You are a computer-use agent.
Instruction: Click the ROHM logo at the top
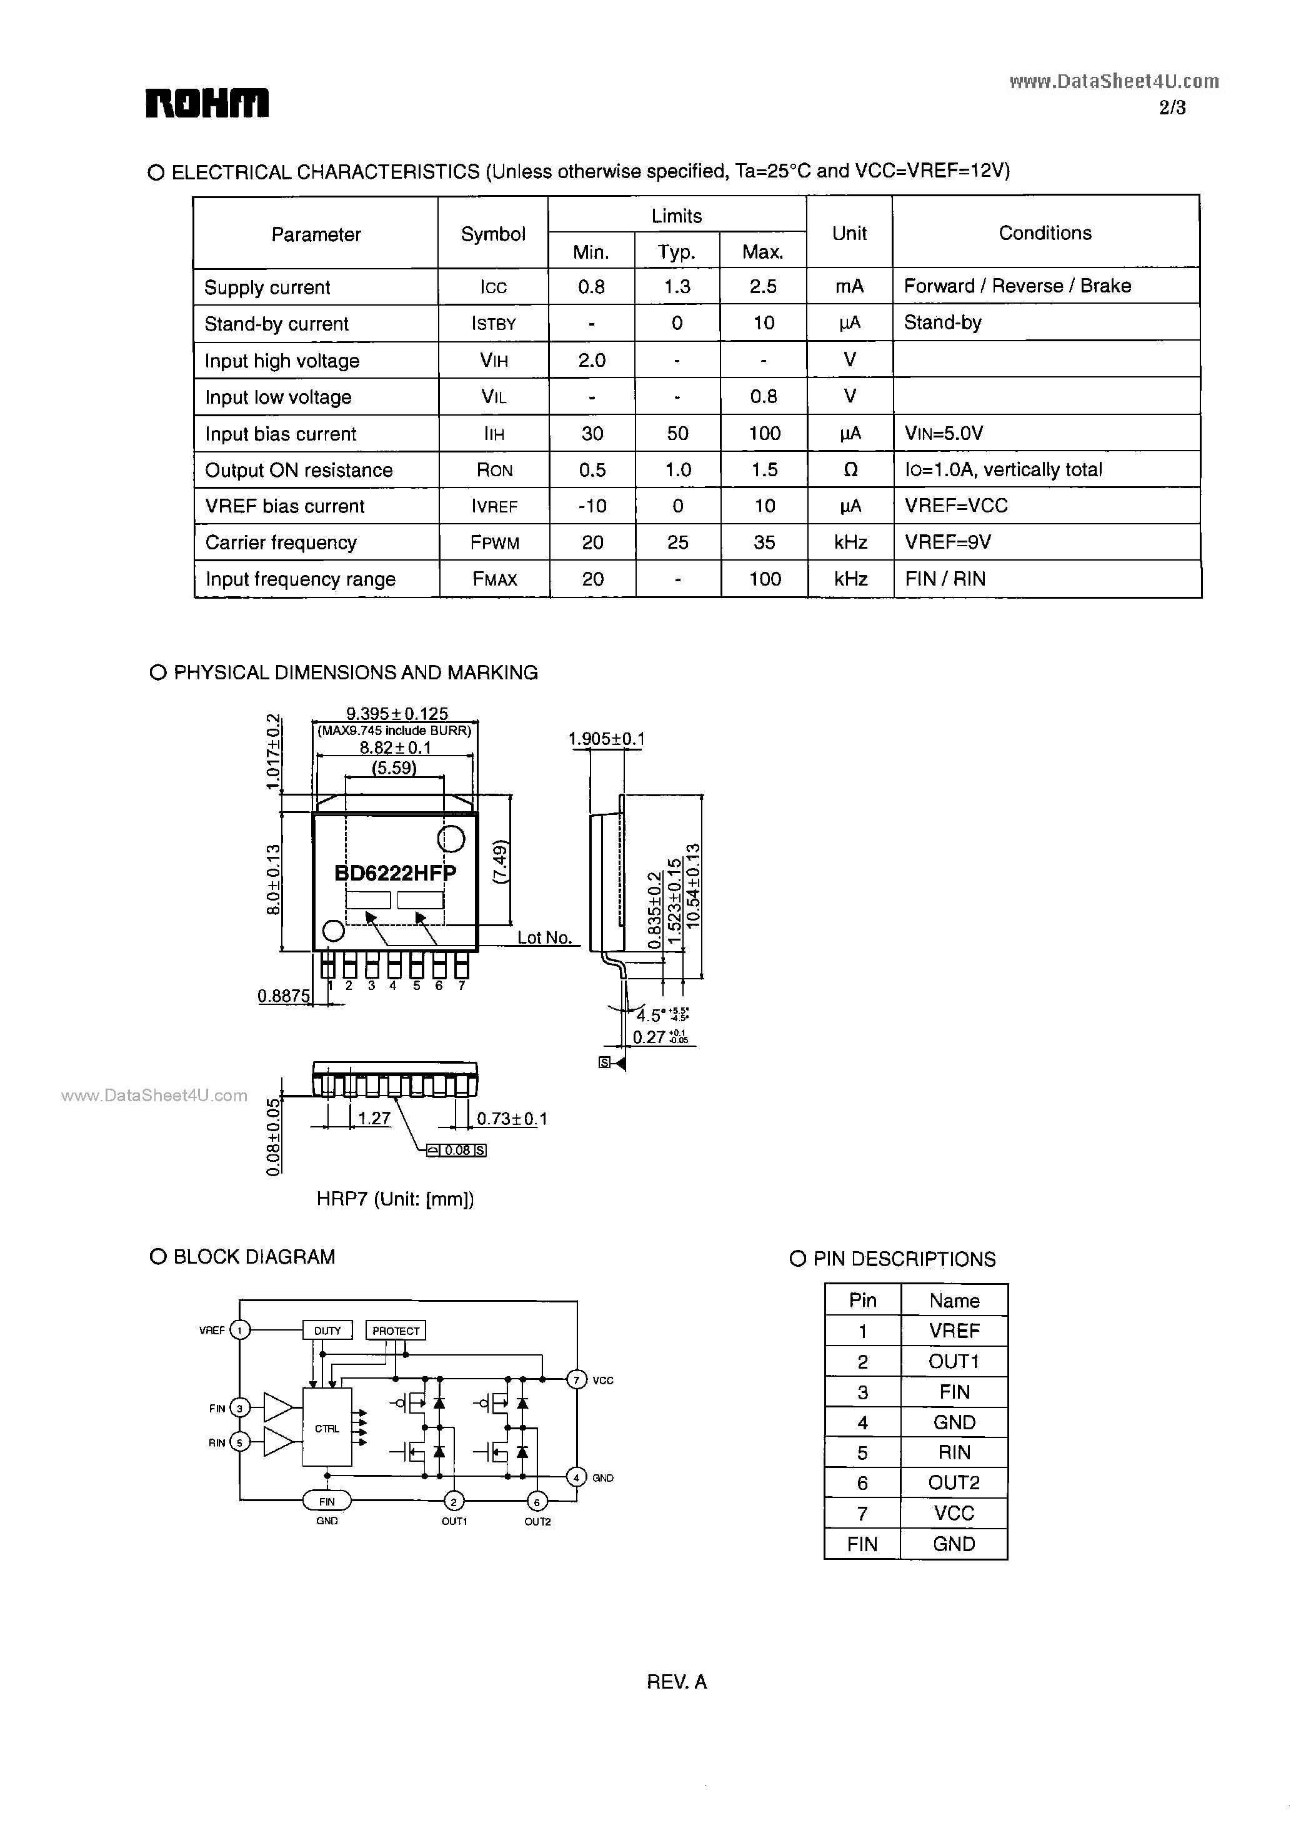(x=207, y=103)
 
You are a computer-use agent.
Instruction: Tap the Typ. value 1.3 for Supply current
(x=677, y=286)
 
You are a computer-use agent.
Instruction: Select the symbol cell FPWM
(x=494, y=542)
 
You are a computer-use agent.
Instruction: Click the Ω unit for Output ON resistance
(x=850, y=470)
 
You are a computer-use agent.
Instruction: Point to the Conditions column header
(x=1045, y=233)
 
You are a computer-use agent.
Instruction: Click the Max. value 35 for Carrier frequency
(x=764, y=542)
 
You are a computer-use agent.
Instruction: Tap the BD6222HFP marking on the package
(x=395, y=873)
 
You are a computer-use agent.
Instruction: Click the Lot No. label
(x=544, y=937)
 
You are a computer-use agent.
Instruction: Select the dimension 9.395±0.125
(x=397, y=714)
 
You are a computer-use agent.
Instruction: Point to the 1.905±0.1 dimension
(x=607, y=739)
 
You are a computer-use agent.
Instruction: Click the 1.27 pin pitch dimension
(x=374, y=1119)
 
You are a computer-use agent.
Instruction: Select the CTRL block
(x=327, y=1429)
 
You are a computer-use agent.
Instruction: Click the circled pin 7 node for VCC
(x=576, y=1379)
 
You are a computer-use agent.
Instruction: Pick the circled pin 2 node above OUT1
(x=454, y=1502)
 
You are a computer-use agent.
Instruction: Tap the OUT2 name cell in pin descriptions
(x=954, y=1483)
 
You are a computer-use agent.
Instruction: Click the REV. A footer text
(x=677, y=1682)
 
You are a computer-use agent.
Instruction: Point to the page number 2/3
(x=1172, y=108)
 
